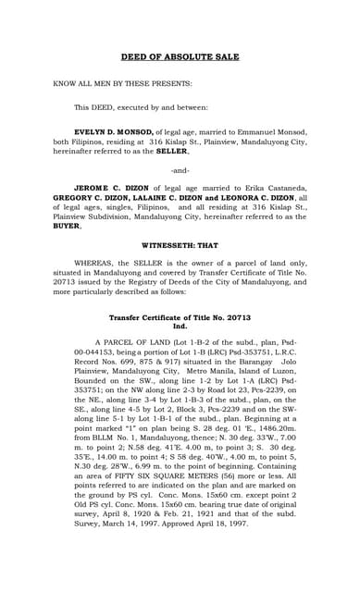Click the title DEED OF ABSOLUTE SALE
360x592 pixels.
point(180,55)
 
